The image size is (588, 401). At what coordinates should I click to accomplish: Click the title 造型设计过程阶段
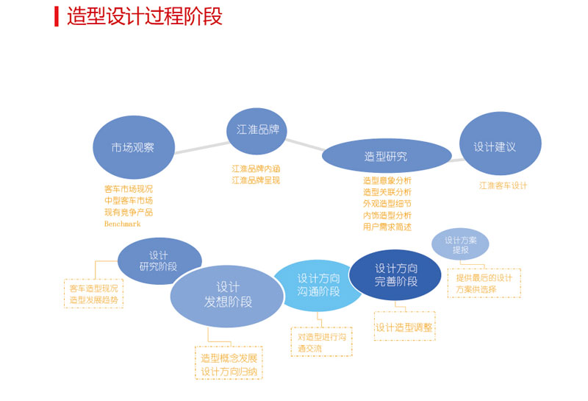point(144,16)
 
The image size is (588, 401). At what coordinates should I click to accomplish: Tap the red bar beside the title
point(57,16)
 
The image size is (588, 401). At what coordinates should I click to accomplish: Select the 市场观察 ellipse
point(133,147)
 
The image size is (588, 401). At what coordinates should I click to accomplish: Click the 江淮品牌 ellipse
point(256,131)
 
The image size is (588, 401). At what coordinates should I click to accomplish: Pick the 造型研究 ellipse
point(386,156)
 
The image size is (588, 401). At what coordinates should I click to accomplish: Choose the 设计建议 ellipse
point(500,144)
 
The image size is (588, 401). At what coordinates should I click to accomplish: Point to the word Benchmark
point(121,224)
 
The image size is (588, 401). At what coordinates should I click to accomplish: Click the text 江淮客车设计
point(503,185)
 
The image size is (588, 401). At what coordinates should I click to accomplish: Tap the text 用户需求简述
point(387,227)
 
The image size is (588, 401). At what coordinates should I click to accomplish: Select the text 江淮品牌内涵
point(256,168)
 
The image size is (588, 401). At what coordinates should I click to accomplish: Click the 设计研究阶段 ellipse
point(159,260)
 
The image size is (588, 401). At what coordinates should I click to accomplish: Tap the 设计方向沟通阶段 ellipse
point(318,285)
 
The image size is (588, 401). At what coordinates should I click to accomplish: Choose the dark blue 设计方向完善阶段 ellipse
point(395,275)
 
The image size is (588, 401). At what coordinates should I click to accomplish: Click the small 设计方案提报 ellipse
point(460,244)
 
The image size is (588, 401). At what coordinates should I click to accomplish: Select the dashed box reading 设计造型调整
point(404,327)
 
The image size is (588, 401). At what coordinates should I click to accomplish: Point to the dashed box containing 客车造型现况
point(93,294)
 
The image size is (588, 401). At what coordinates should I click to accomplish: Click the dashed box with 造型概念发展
point(229,364)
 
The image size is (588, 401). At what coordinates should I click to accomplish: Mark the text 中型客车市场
point(129,200)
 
